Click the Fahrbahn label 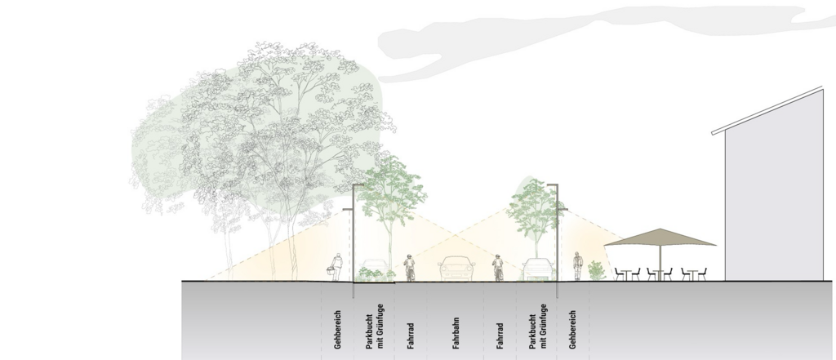tap(456, 333)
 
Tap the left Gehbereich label tap(337, 330)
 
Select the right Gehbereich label tap(572, 330)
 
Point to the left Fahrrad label tap(411, 336)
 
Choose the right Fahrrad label tap(500, 336)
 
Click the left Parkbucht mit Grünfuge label tap(374, 327)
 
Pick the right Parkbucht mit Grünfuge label tap(538, 327)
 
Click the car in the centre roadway tap(457, 269)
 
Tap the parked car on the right tap(538, 269)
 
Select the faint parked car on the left tap(374, 268)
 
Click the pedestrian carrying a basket tap(336, 267)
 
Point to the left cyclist tap(409, 268)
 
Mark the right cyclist tap(498, 268)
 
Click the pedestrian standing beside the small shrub tap(578, 266)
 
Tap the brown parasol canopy tap(660, 238)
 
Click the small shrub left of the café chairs tap(597, 270)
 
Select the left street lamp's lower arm tap(348, 210)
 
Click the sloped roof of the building tap(767, 110)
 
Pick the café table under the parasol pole tap(659, 274)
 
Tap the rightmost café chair tap(702, 274)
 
